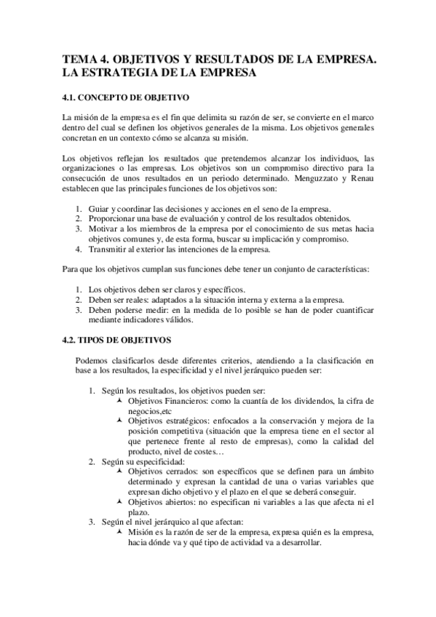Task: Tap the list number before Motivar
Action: click(79, 229)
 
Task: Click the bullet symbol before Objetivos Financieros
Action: click(119, 401)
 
